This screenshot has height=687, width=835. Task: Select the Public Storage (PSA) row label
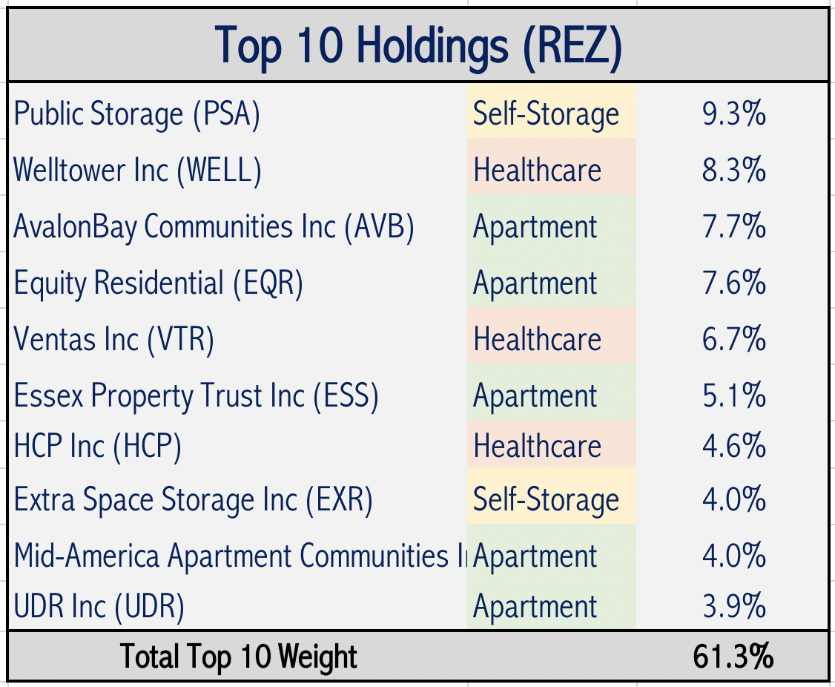pos(137,115)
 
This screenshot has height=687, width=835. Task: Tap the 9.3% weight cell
pos(733,115)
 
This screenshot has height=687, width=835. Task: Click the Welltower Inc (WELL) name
pos(138,171)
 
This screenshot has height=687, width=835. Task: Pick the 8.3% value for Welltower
pos(733,171)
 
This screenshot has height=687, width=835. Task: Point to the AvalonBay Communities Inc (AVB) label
pos(214,227)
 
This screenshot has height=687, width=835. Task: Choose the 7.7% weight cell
pos(733,227)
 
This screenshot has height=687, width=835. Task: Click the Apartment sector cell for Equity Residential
pos(535,283)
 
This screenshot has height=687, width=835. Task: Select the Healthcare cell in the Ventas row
pos(537,340)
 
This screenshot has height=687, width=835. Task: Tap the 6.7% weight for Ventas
pos(733,340)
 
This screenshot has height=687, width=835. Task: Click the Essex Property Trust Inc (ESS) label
pos(196,396)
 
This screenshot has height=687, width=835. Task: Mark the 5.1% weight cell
pos(733,396)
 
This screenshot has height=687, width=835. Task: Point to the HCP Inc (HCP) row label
pos(97,447)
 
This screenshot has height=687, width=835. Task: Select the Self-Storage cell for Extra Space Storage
pos(546,499)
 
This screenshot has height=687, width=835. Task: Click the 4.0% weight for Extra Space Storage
pos(733,499)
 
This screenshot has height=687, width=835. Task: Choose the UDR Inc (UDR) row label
pos(99,607)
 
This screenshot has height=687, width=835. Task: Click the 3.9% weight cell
pos(733,607)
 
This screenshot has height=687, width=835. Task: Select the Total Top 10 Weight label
pos(239,657)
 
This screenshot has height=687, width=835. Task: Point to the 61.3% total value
pos(733,657)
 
